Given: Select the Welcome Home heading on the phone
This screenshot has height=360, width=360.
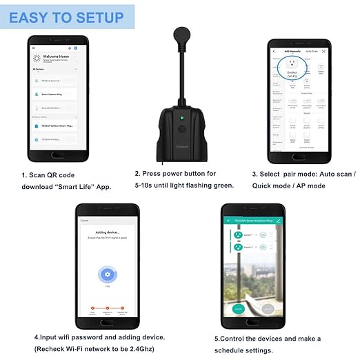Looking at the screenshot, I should pos(57,57).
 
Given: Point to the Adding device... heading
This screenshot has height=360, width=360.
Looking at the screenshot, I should pos(107,234).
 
